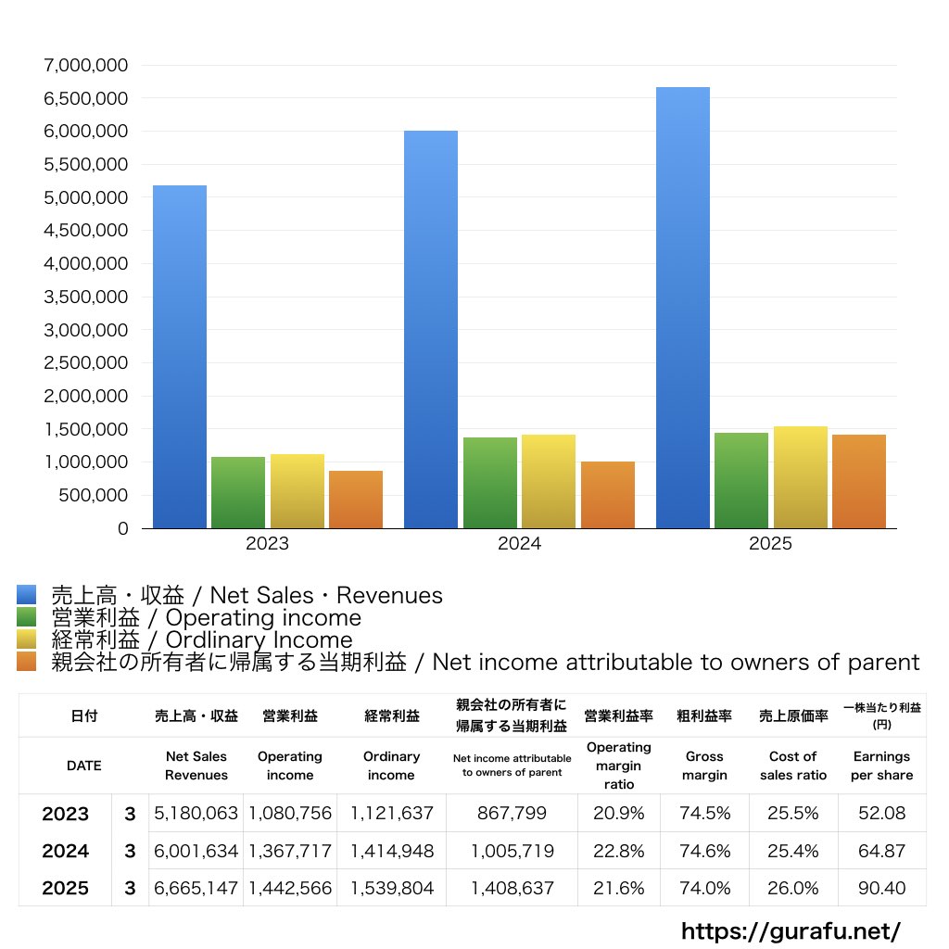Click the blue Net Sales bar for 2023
click(180, 357)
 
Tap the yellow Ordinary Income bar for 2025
click(801, 477)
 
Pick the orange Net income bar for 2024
click(608, 495)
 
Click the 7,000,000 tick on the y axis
click(85, 65)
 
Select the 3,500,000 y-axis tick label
click(85, 297)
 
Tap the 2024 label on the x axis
click(519, 544)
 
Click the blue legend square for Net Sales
click(27, 595)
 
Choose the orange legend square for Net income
click(27, 662)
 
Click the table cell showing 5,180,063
click(196, 814)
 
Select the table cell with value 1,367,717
click(290, 851)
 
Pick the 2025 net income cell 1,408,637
click(512, 888)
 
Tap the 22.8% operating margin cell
click(619, 851)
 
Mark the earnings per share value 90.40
click(881, 888)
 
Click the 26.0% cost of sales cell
click(793, 888)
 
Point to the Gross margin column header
click(704, 766)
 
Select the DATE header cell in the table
click(84, 766)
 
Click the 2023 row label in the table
click(66, 814)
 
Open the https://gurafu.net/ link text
click(791, 930)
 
